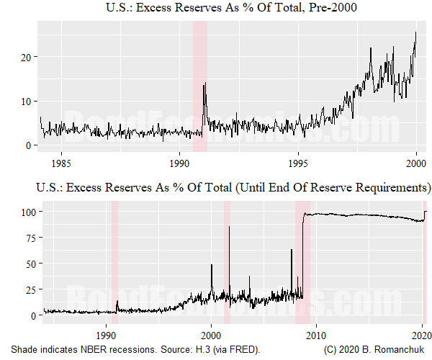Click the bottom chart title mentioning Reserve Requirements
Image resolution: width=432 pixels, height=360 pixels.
tap(229, 189)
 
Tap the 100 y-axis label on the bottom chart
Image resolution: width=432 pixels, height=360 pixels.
tap(26, 212)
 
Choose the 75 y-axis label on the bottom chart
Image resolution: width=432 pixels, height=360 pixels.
tap(29, 238)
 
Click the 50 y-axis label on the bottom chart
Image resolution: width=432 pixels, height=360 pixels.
tap(29, 264)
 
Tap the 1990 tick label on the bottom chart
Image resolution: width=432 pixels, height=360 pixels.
tap(107, 336)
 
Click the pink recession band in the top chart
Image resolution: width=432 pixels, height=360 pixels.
tap(200, 86)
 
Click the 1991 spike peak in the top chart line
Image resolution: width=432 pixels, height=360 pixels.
tap(205, 84)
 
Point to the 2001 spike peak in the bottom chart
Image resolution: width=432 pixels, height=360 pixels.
tap(229, 227)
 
